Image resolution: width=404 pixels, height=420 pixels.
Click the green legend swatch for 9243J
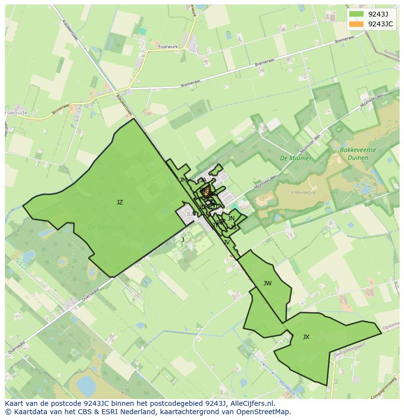[x=356, y=14]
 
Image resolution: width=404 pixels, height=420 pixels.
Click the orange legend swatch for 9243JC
[x=356, y=24]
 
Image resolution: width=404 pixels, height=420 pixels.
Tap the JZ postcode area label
[x=120, y=202]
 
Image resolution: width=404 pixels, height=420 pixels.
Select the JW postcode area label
[x=267, y=283]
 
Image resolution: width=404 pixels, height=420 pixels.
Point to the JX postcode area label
[x=306, y=337]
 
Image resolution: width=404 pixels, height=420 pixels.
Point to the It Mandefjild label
[x=303, y=192]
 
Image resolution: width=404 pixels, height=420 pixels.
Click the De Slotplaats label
[x=107, y=227]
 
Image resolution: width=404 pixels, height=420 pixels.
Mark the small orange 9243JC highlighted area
[x=206, y=190]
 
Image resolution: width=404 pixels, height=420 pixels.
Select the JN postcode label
[x=231, y=219]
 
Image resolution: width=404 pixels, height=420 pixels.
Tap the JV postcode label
[x=226, y=242]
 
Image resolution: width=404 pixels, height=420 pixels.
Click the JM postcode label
[x=183, y=180]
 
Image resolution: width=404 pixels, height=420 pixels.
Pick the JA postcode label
[x=203, y=180]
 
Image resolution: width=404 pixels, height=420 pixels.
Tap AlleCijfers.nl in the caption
[x=252, y=403]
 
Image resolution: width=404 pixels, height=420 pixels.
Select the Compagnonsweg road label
[x=385, y=390]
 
